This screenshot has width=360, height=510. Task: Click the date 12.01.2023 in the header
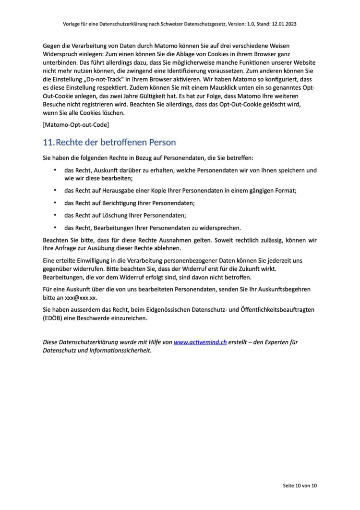(x=283, y=24)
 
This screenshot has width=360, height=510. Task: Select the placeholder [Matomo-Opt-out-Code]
(x=76, y=125)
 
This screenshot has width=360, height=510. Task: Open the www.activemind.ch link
(x=200, y=342)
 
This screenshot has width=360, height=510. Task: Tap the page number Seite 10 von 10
(x=300, y=486)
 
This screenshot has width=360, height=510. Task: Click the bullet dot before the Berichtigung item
(x=55, y=203)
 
